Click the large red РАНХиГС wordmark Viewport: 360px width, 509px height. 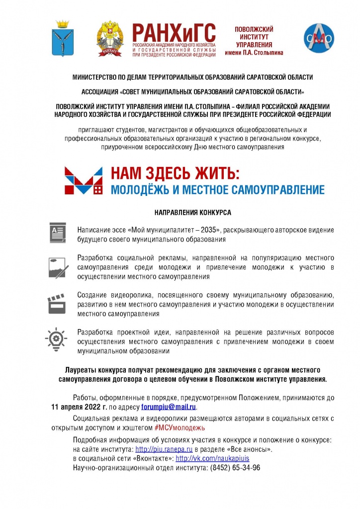174,33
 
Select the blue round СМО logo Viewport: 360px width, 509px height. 319,38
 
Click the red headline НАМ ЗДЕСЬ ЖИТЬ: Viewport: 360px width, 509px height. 175,173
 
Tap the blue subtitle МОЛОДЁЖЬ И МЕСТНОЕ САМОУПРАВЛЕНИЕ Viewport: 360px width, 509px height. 217,189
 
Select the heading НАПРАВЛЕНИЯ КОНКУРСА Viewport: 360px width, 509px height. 192,212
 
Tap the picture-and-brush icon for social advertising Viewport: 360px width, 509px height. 58,267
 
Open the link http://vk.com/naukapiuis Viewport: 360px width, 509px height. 212,458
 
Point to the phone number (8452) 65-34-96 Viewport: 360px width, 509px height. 235,468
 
